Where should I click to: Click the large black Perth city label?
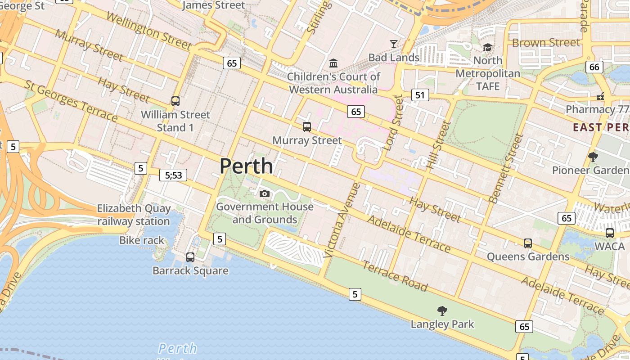coord(246,166)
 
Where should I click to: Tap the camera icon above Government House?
coord(265,193)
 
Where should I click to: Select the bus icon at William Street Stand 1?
coord(175,101)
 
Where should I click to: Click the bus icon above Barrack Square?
coord(190,257)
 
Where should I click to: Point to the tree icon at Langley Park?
coord(442,310)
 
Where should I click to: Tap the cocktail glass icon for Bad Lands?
coord(394,44)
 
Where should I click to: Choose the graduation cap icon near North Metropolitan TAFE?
coord(487,47)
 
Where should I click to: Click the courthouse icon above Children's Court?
coord(333,63)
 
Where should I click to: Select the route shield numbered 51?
coord(420,94)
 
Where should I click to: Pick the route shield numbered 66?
coord(594,67)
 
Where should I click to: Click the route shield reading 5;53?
coord(173,175)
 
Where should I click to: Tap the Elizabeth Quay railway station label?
coord(134,215)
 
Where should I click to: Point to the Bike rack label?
coord(142,240)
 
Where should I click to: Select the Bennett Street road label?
coord(506,168)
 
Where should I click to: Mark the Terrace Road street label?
coord(395,276)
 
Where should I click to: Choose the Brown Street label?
coord(546,43)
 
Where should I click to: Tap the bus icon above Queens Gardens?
coord(528,243)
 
